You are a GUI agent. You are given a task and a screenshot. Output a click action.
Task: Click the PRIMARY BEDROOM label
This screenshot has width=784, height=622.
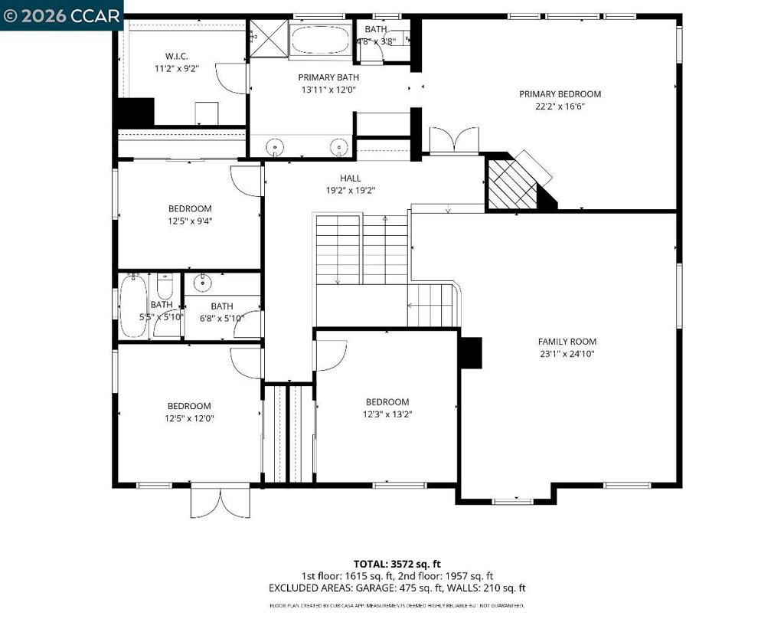tap(560, 94)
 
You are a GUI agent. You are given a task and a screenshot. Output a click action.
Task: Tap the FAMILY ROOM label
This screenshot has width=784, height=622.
tap(567, 342)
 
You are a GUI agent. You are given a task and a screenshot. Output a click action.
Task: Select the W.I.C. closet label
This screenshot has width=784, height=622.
tap(177, 56)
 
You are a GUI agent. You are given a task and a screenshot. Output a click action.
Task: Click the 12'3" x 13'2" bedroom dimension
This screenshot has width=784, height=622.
tap(387, 414)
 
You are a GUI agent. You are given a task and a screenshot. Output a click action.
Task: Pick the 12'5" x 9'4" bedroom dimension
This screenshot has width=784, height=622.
tap(190, 221)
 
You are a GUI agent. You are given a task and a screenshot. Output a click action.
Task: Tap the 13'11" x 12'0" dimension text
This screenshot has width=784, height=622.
tap(328, 90)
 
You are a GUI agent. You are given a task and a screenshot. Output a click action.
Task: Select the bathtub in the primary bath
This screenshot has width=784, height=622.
tap(320, 39)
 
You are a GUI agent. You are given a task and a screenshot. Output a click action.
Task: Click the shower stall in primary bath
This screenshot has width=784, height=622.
tap(266, 35)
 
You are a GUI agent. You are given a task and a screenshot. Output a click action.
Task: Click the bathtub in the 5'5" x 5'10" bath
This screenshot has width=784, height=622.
tap(132, 306)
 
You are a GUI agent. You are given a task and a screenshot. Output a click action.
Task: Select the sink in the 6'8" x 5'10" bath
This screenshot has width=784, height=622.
tap(203, 283)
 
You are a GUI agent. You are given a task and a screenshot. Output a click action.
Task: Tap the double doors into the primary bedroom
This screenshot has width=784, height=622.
tap(454, 140)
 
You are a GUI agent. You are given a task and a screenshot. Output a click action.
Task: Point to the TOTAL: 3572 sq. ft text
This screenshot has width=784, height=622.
tap(397, 564)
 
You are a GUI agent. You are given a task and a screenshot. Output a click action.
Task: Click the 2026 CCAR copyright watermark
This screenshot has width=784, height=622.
tap(61, 15)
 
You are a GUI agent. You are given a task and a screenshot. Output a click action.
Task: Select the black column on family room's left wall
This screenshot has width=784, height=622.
tap(469, 352)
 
